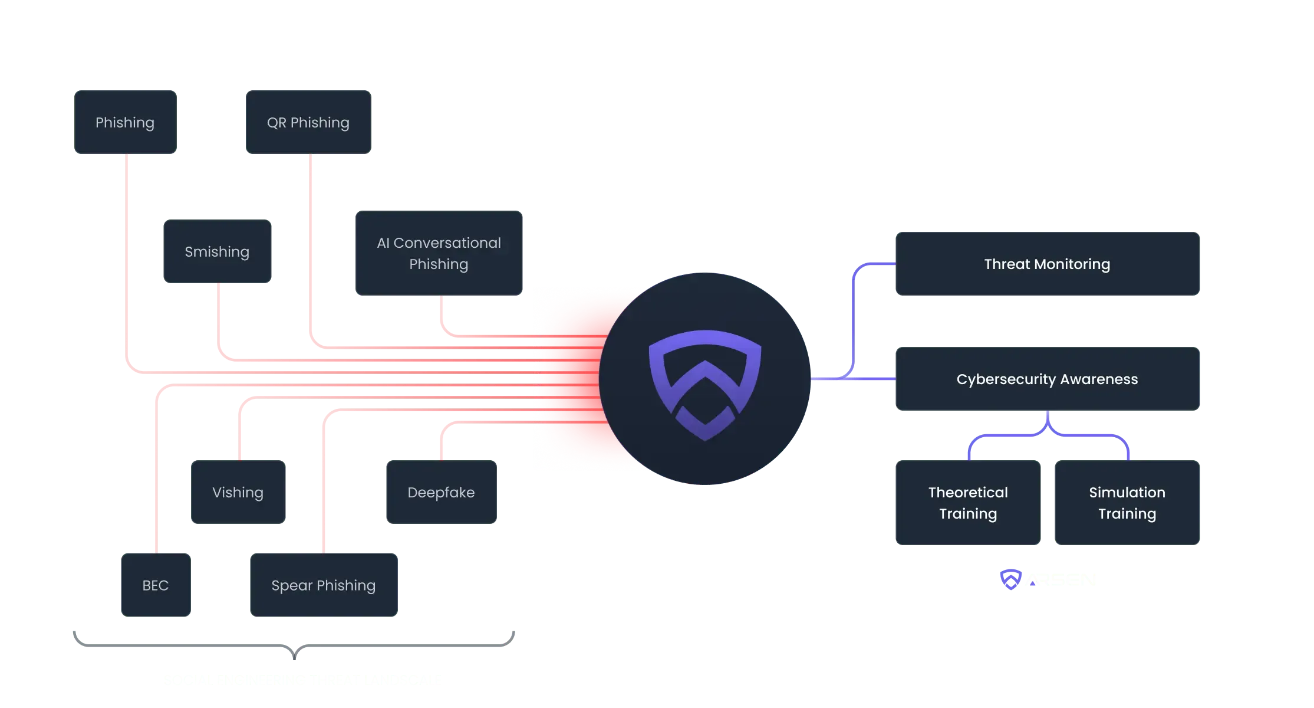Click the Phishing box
coord(125,123)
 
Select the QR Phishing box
coord(308,123)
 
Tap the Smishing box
coord(217,252)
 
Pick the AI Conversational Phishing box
coord(439,254)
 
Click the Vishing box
coord(238,492)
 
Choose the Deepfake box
coord(442,492)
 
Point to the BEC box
coord(156,585)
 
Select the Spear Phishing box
coord(324,585)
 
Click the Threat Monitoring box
coord(1047,264)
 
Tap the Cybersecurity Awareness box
coord(1047,379)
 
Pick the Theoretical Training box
coord(968,503)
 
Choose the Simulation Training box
coord(1127,503)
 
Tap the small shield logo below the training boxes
coord(1010,579)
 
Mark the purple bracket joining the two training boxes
coord(1048,435)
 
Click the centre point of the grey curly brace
coord(295,650)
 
